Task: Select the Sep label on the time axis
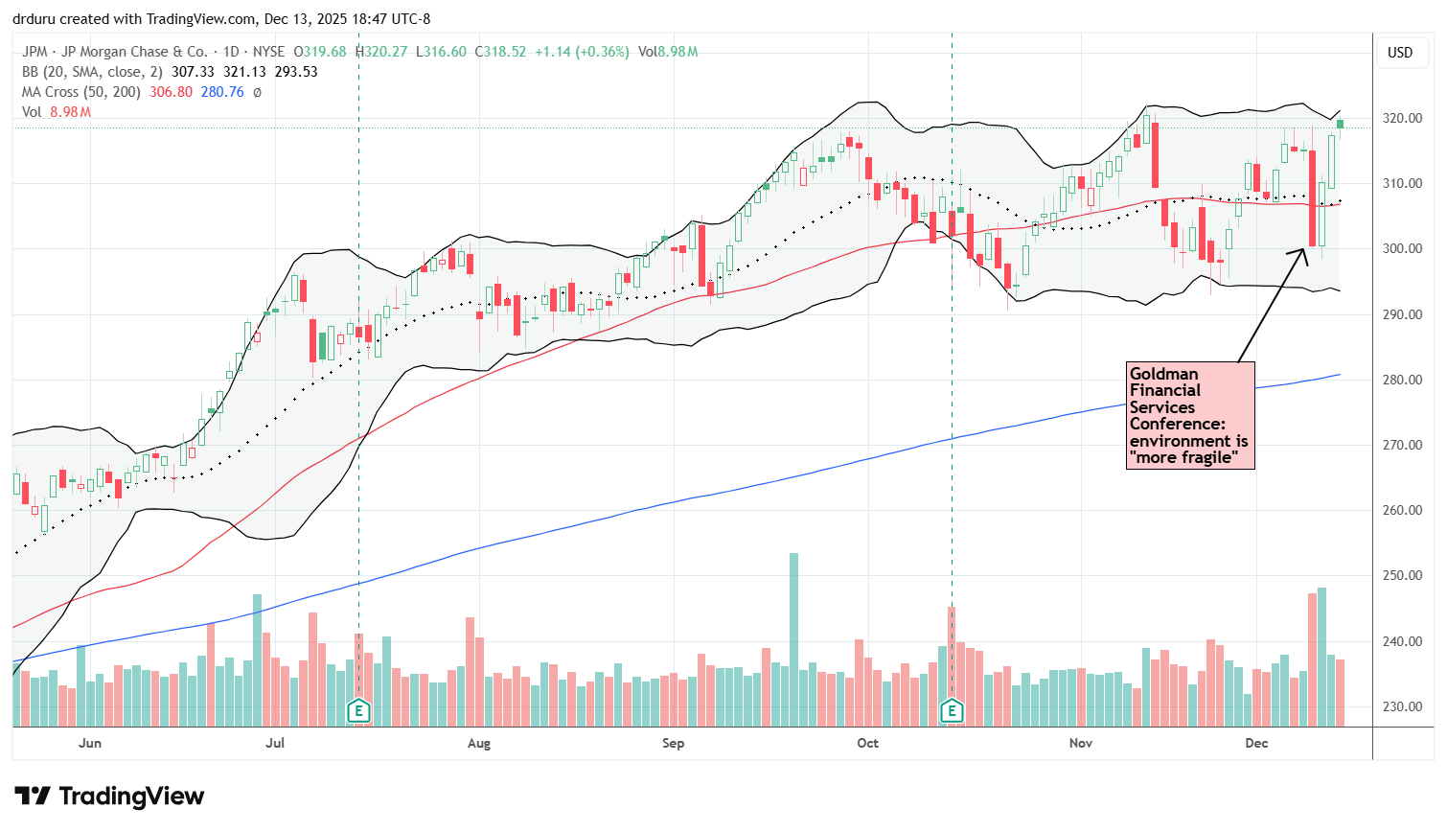click(673, 743)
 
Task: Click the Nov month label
click(1080, 743)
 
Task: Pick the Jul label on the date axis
click(275, 743)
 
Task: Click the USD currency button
click(1400, 53)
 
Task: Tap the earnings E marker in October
click(952, 710)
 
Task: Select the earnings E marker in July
click(358, 710)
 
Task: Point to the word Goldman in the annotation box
click(1163, 374)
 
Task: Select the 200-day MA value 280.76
click(222, 92)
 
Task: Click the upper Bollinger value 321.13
click(244, 72)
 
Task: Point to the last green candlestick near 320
click(1340, 124)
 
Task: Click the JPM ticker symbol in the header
click(34, 52)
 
